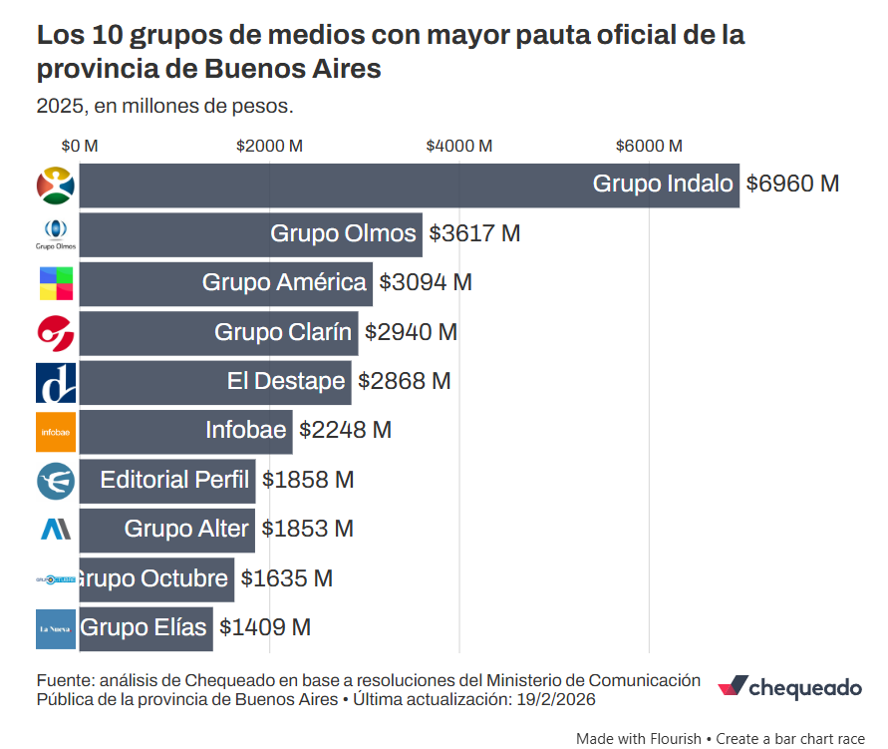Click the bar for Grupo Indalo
point(409,185)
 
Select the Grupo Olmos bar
point(250,234)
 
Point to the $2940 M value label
point(411,332)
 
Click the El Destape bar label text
point(286,381)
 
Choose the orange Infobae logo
point(56,432)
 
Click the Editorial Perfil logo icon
point(56,481)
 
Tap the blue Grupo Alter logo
point(56,530)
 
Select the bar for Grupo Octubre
point(156,578)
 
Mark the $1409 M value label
point(265,627)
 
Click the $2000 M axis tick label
point(269,146)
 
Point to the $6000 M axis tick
point(649,146)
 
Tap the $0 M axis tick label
point(80,146)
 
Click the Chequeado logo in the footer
point(789,688)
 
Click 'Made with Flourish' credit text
point(639,739)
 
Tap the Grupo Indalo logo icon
point(56,186)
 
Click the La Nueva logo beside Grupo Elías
point(56,628)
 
